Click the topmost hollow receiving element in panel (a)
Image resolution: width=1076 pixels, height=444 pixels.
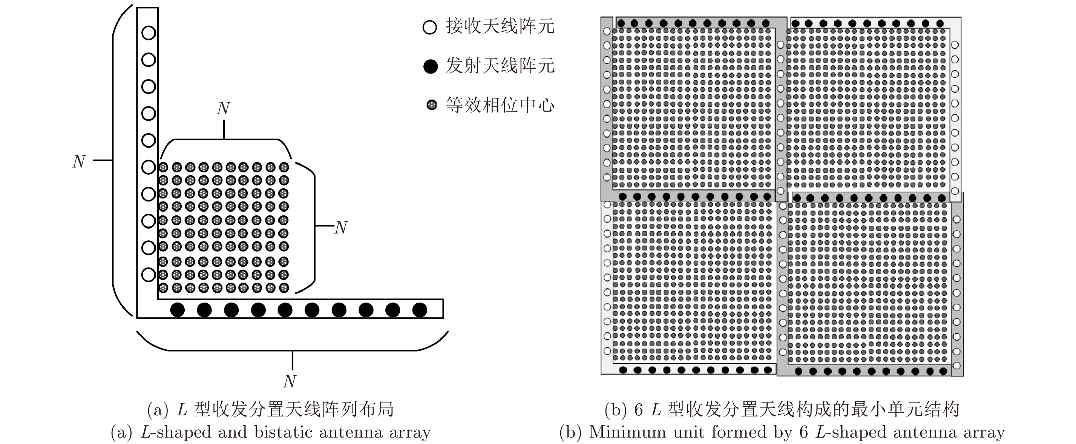tap(149, 32)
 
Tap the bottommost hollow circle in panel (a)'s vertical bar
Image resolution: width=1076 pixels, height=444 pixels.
tap(149, 275)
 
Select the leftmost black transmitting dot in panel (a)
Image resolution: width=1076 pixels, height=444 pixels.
tap(178, 310)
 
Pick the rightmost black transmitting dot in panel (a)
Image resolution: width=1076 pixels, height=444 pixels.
tap(419, 310)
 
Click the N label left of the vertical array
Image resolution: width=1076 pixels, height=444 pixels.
tap(79, 161)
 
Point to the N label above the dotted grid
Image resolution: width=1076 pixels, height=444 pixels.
tap(224, 109)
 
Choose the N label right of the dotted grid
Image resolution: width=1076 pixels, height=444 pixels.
tap(341, 227)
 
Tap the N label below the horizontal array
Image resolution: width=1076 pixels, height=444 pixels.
tap(290, 381)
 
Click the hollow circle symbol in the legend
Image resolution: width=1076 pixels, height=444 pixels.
tap(430, 28)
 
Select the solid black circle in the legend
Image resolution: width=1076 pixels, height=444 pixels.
tap(430, 66)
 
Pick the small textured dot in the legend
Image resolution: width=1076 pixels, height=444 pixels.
tap(431, 105)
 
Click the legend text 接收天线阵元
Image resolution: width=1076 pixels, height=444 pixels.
tap(500, 26)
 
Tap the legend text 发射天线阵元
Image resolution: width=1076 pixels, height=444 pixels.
tap(500, 66)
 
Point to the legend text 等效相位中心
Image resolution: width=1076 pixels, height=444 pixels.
tap(500, 104)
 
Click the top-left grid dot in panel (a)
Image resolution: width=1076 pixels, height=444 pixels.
tap(163, 167)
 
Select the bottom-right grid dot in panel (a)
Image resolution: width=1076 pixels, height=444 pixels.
tap(284, 288)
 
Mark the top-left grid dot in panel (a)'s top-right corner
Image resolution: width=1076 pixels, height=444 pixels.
tap(284, 167)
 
